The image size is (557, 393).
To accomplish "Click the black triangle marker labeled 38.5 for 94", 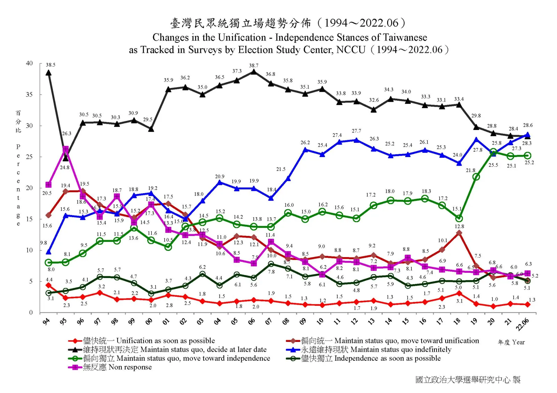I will pos(49,73).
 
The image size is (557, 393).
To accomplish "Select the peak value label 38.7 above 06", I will pos(253,65).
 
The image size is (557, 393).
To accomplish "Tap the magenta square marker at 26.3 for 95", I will pos(65,149).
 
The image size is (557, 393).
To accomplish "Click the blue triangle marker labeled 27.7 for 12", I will pos(356,140).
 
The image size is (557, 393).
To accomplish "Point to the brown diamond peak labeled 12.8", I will pos(459,233).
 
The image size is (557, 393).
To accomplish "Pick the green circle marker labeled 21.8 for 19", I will pos(476,177).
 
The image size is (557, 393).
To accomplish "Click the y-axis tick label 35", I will pos(29,95).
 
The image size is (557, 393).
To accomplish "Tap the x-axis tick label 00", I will pos(149,321).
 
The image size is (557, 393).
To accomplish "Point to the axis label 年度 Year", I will pos(511,342).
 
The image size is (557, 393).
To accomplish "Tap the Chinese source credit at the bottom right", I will pos(468,380).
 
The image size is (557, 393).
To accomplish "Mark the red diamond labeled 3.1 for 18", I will pos(459,294).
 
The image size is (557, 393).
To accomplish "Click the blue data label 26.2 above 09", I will pos(305,142).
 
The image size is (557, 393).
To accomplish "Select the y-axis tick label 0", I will pos(31,312).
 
